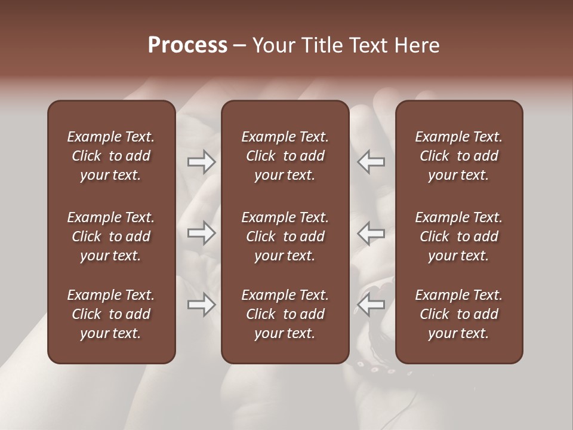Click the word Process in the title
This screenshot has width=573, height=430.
[x=187, y=45]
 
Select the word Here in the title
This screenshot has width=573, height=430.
[x=417, y=45]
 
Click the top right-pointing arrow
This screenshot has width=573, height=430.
[x=202, y=161]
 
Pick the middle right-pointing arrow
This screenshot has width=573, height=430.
[x=202, y=233]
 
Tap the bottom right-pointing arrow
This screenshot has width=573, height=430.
[x=202, y=305]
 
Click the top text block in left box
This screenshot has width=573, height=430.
[x=111, y=156]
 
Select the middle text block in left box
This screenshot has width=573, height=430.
[x=111, y=236]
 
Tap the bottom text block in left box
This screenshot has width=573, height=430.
[x=111, y=314]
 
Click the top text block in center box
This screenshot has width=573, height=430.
[x=285, y=156]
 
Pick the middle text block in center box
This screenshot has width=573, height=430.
[x=285, y=236]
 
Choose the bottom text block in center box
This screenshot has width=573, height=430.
[x=285, y=314]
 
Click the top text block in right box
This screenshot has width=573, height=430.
[x=459, y=156]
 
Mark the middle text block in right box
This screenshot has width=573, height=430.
[x=459, y=236]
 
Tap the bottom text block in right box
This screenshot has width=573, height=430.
[x=459, y=314]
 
